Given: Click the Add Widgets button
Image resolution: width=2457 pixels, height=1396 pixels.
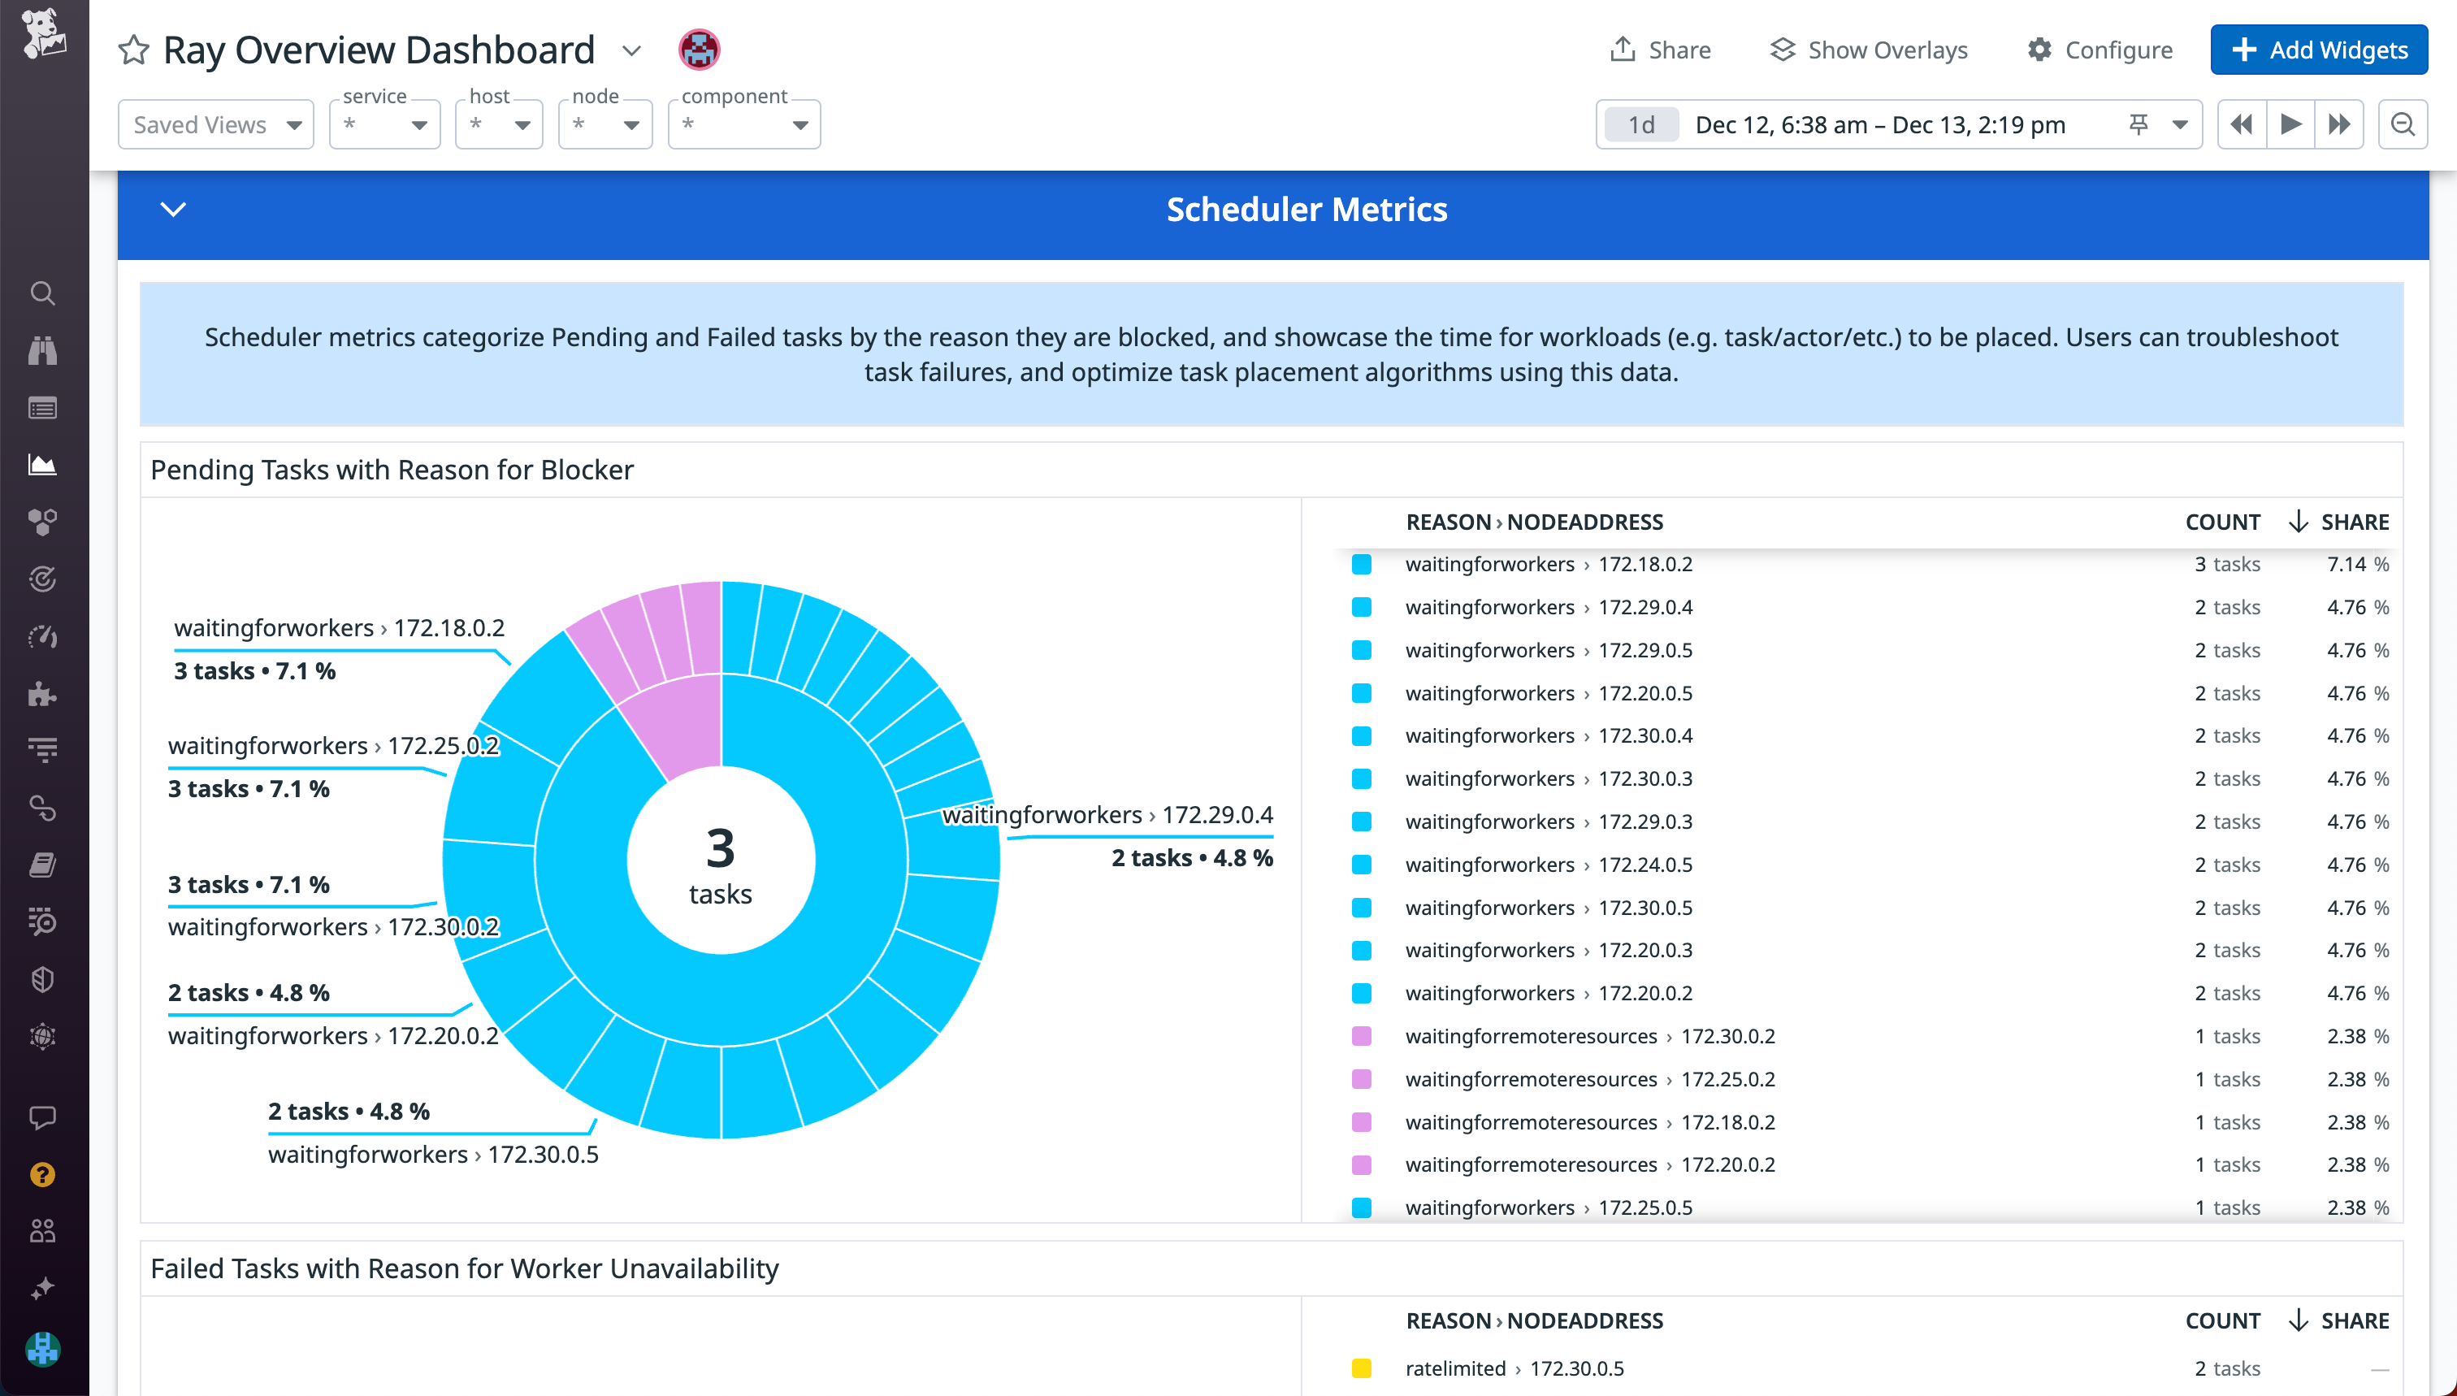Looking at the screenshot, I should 2318,50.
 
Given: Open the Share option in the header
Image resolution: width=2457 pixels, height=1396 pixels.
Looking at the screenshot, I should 1661,50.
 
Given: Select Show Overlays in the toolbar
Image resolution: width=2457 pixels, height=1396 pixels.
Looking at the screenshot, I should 1869,50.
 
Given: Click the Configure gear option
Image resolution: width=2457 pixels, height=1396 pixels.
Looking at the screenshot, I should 2099,50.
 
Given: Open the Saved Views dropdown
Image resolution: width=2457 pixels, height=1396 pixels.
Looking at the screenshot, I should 215,124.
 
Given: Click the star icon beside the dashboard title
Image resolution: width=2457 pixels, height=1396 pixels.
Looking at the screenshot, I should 134,50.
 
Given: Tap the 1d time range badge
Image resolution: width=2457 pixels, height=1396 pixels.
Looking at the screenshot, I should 1641,124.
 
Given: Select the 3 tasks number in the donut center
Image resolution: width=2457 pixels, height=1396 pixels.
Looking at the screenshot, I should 720,848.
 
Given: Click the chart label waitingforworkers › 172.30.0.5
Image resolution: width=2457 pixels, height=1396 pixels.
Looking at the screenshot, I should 433,1155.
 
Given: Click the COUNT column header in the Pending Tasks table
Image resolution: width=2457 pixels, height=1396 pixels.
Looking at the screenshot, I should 2222,522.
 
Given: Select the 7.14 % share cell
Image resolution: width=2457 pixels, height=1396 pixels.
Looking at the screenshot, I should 2356,565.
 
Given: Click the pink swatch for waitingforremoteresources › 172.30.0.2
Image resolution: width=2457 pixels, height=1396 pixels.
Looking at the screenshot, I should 1361,1037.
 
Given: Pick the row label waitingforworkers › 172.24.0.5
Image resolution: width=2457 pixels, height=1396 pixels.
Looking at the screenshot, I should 1548,865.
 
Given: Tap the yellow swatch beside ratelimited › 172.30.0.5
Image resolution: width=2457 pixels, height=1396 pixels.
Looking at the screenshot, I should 1361,1368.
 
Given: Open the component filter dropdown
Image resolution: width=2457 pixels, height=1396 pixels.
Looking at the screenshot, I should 744,124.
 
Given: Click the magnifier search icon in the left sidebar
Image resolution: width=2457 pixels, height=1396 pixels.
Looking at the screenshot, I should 43,293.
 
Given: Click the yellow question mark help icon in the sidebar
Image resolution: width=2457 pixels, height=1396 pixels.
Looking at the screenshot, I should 43,1174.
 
